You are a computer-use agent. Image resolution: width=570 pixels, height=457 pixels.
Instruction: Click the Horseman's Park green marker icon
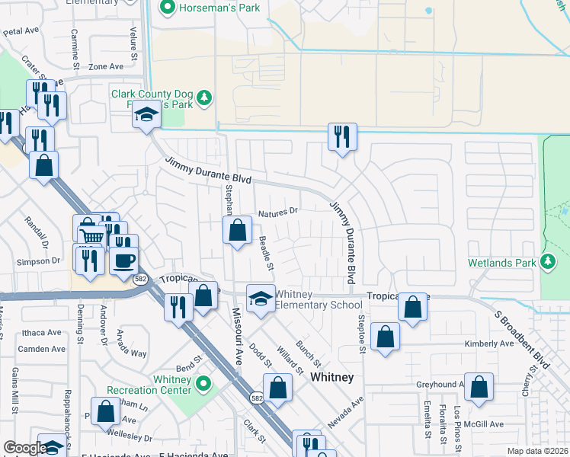click(x=167, y=8)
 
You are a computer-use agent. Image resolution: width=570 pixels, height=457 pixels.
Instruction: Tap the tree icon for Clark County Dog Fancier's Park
click(x=203, y=97)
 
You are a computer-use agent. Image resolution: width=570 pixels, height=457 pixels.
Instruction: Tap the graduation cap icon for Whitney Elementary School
click(x=260, y=297)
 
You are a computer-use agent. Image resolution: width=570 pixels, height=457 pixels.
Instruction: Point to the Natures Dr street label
click(x=277, y=215)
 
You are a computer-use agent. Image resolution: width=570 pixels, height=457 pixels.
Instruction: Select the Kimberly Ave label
click(x=489, y=344)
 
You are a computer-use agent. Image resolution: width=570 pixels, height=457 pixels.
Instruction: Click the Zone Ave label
click(x=106, y=67)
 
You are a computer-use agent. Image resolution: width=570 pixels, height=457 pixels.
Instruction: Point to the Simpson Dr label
click(x=38, y=260)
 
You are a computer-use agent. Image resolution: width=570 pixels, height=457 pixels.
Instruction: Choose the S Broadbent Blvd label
click(x=521, y=338)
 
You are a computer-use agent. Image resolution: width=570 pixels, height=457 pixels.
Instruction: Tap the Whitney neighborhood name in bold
click(x=331, y=377)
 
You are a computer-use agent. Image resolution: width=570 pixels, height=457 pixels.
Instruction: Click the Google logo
click(x=24, y=448)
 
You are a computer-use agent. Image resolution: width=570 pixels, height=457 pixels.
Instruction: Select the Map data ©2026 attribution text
click(x=538, y=451)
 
